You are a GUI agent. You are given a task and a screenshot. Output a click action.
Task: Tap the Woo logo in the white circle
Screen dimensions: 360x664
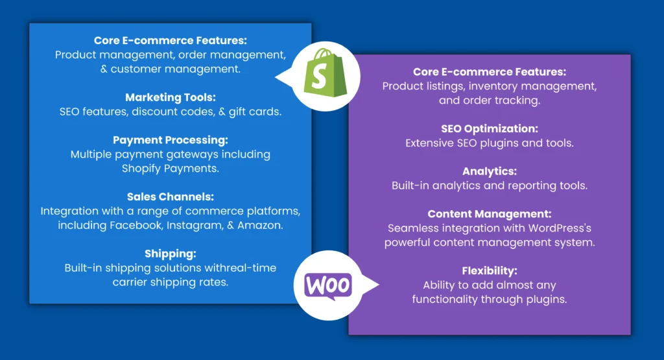(328, 285)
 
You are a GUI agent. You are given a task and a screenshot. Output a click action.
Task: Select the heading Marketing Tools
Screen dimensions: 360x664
(171, 97)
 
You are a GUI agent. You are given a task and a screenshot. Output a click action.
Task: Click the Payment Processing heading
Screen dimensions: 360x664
(171, 140)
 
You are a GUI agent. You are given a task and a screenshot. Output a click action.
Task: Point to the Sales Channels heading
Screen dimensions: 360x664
(171, 197)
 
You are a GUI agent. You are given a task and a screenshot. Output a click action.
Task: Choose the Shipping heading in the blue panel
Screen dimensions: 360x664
(171, 254)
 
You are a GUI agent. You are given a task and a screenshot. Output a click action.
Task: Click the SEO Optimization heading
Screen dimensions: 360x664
(490, 128)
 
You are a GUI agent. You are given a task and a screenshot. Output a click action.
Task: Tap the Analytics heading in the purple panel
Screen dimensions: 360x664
(490, 171)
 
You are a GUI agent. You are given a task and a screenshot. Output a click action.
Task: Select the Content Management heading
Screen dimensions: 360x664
(490, 214)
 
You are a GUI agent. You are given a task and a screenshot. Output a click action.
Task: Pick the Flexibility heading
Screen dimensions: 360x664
(490, 270)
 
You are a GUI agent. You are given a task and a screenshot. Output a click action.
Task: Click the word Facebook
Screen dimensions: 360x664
(137, 225)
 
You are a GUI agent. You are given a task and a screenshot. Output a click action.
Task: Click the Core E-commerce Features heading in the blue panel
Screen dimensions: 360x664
(171, 40)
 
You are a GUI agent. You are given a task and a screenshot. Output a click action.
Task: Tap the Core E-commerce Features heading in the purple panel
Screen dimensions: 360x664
(490, 71)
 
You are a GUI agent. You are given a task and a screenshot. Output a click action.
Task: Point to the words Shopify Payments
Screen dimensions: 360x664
(171, 169)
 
